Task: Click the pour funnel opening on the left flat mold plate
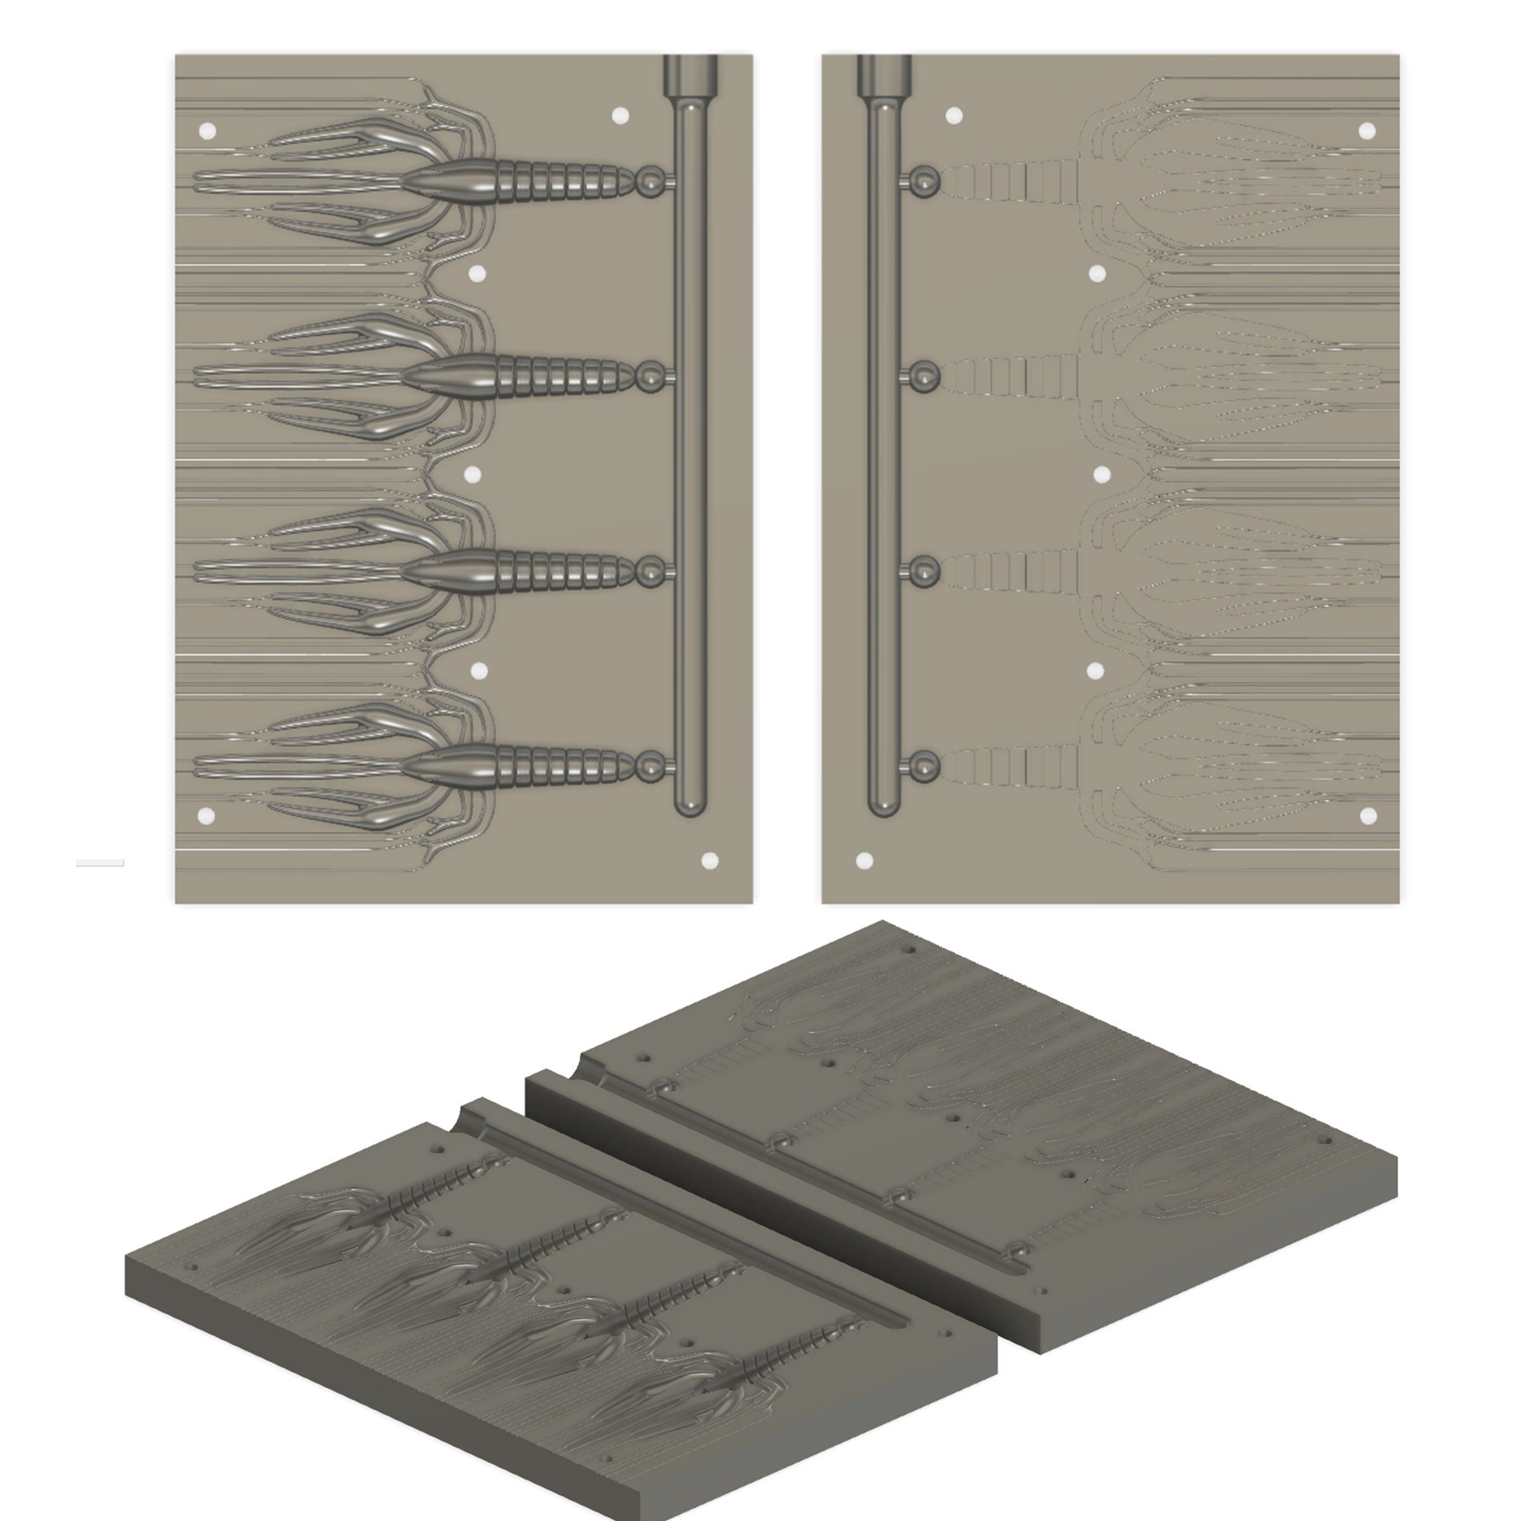click(x=691, y=74)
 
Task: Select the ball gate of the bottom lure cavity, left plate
click(x=651, y=765)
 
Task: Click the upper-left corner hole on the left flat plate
click(x=208, y=131)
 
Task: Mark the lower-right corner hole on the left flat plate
click(x=710, y=860)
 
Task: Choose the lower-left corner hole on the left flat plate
click(x=206, y=815)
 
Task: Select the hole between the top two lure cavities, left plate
click(x=477, y=274)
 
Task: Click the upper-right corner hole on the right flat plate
click(x=1367, y=131)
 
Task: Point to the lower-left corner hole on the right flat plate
click(x=865, y=860)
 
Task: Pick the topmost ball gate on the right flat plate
click(x=922, y=181)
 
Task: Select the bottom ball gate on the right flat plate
click(x=922, y=765)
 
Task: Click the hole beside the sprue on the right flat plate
click(x=954, y=116)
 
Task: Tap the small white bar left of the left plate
click(x=100, y=863)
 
